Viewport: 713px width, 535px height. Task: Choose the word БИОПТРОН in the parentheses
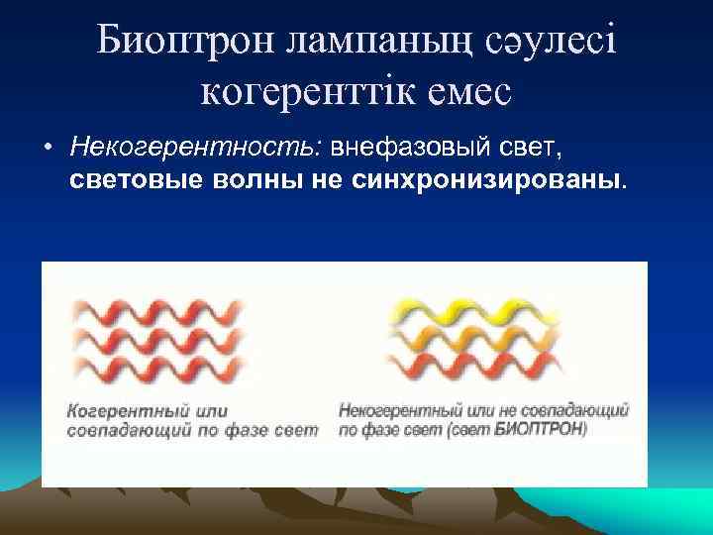[x=545, y=429]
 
